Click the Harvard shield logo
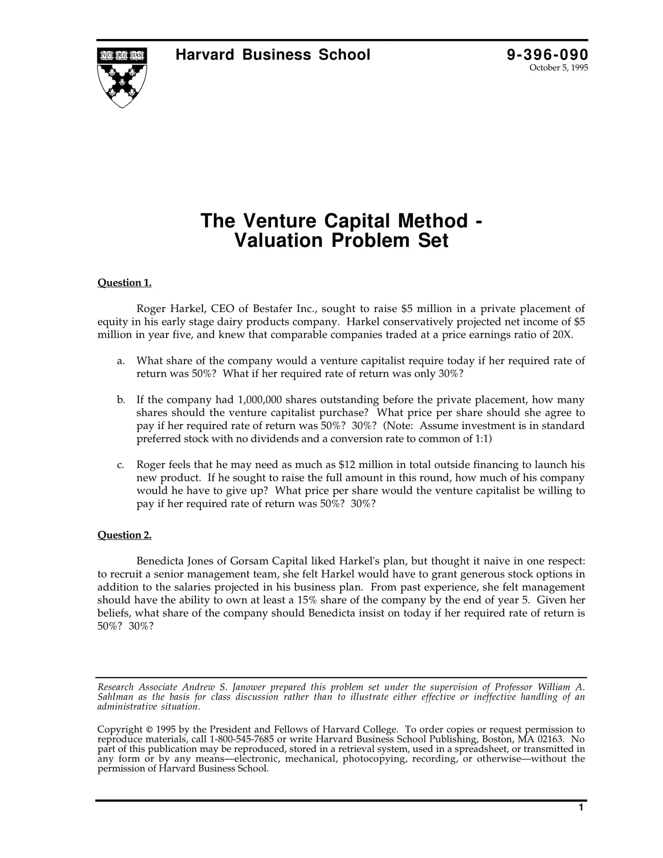122,77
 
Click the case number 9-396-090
547,55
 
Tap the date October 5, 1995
558,68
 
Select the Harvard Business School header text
273,55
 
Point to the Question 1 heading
124,283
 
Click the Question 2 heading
124,535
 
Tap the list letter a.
121,361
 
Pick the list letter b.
121,400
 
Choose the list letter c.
121,465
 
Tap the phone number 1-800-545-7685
242,739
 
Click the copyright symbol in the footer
149,730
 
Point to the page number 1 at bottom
581,808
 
